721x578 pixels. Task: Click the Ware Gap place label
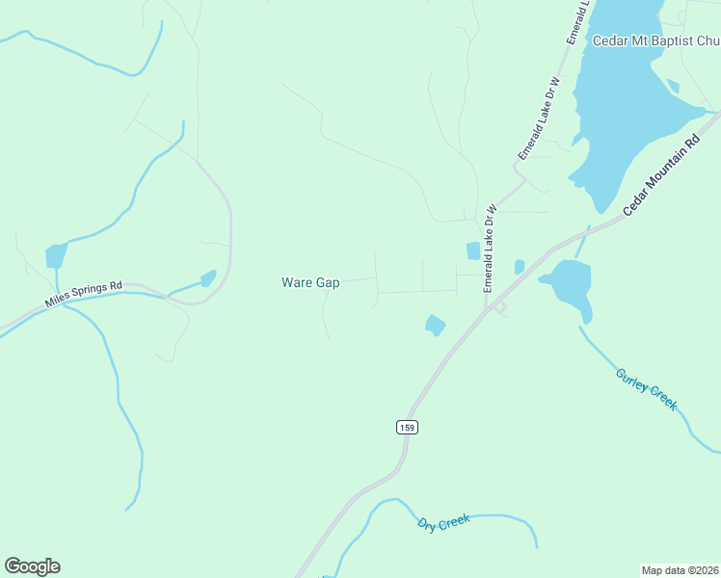(310, 283)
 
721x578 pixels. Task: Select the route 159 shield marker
(407, 427)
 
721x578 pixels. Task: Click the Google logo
(32, 566)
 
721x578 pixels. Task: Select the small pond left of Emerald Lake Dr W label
(473, 250)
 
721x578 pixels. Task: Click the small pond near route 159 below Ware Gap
(436, 326)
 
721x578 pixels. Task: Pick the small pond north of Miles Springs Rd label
(56, 256)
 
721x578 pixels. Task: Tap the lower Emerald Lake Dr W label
(490, 249)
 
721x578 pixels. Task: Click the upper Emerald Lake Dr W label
(539, 118)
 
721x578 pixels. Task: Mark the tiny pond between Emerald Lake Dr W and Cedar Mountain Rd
(520, 266)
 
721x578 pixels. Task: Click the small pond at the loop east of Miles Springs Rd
(208, 278)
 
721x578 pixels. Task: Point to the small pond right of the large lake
(673, 87)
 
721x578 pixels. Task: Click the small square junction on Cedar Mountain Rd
(499, 306)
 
